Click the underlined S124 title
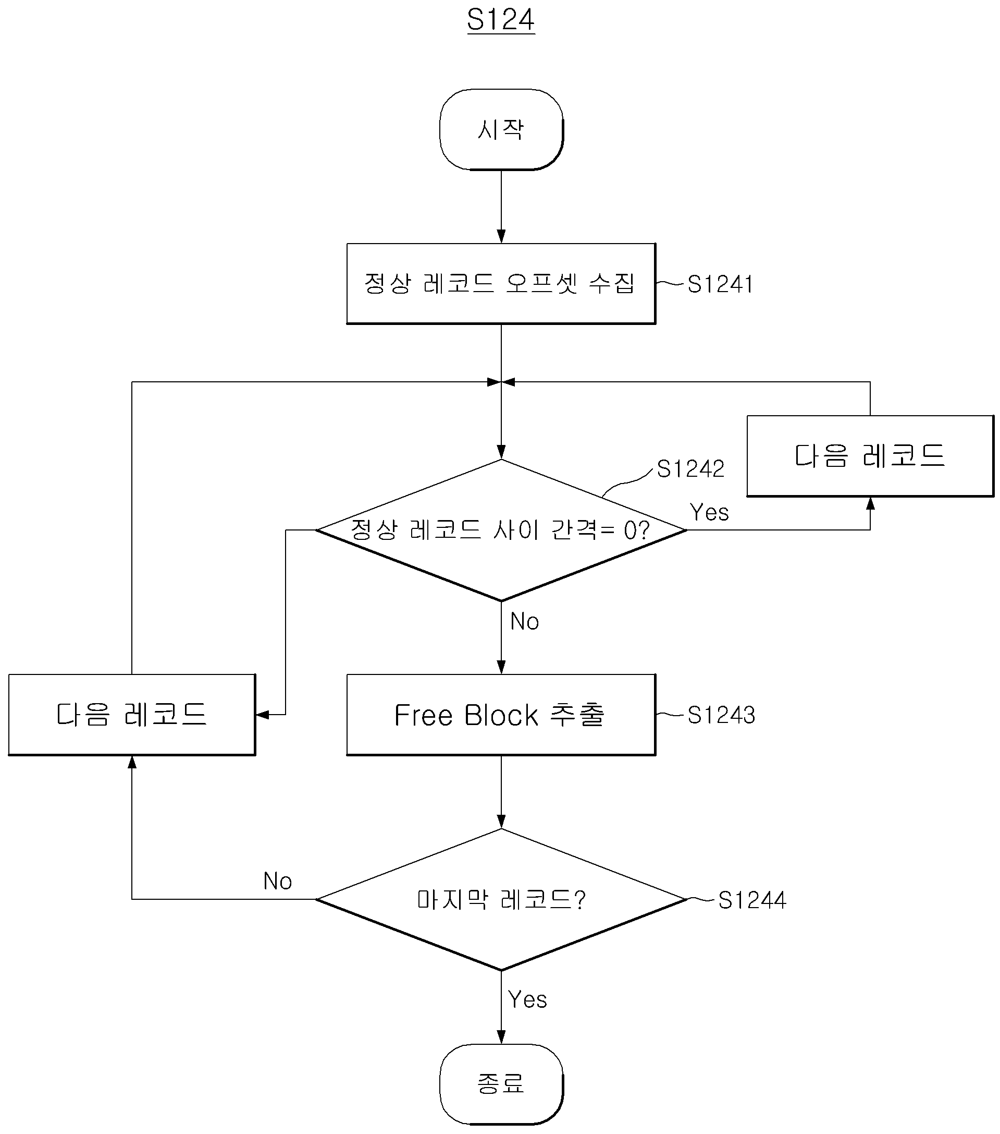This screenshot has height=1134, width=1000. tap(501, 20)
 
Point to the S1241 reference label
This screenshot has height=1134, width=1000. tap(720, 284)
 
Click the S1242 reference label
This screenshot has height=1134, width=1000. tap(690, 469)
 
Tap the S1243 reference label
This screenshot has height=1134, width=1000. tap(721, 715)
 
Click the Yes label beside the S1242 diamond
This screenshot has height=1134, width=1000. tap(709, 512)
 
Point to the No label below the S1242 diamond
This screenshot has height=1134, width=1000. tap(524, 621)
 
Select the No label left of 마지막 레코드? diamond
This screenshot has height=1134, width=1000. tap(277, 881)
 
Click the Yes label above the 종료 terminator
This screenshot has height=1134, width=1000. tap(527, 1000)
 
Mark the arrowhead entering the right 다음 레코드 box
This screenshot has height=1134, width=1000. tap(870, 503)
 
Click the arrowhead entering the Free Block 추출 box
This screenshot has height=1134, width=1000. tap(501, 668)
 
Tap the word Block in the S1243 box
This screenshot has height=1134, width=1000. tap(501, 715)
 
